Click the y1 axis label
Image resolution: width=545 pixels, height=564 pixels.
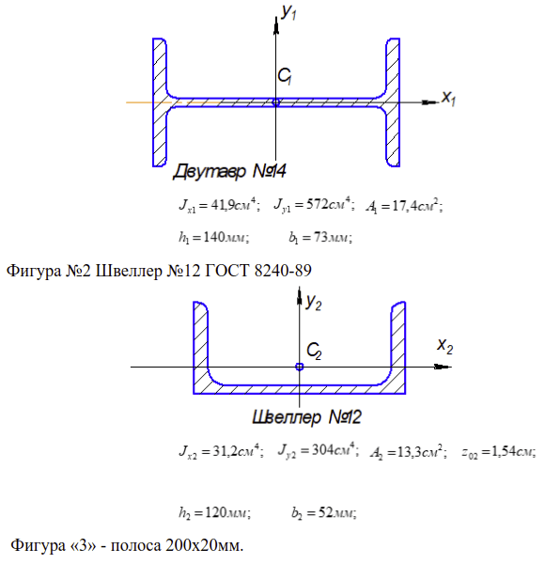[288, 12]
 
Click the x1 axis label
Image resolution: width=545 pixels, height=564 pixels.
[448, 98]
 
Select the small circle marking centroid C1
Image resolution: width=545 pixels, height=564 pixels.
[275, 102]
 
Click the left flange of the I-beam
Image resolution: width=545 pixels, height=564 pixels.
[159, 102]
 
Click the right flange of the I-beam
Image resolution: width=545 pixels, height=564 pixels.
[393, 102]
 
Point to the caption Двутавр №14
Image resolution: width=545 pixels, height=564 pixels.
[229, 171]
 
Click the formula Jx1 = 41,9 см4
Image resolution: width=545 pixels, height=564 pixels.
[219, 205]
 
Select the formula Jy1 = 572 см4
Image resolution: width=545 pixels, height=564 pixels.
[314, 205]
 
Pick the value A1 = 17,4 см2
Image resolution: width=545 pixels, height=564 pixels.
[404, 207]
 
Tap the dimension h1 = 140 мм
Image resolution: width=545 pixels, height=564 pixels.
[214, 238]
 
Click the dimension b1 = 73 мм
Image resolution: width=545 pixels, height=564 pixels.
[320, 238]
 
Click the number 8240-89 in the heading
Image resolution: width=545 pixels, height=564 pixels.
[283, 271]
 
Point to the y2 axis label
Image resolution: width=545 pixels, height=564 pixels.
[314, 302]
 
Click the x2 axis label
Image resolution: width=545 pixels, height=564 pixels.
[445, 345]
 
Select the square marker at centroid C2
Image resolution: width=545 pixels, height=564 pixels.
[300, 367]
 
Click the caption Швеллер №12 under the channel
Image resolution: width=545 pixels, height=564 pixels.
[306, 417]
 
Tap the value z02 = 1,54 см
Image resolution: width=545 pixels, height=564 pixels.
[499, 452]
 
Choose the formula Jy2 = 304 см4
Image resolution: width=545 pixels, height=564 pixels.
[319, 450]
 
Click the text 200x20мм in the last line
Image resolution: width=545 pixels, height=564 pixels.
[204, 545]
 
